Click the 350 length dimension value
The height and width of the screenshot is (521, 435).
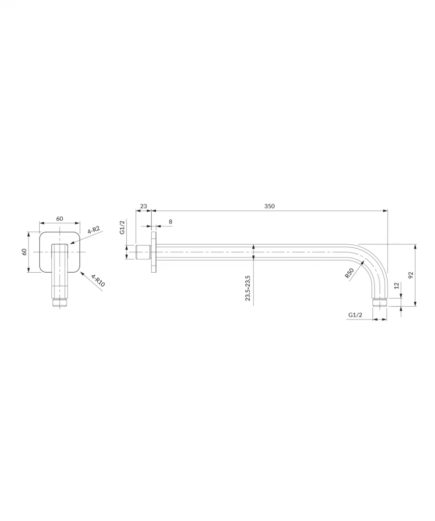click(269, 206)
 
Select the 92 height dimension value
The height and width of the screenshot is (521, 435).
click(411, 275)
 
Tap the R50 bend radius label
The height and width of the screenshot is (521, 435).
click(349, 273)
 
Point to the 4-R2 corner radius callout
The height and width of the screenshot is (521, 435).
click(93, 230)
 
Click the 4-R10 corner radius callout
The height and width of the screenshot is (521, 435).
click(98, 281)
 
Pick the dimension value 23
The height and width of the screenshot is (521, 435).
click(143, 206)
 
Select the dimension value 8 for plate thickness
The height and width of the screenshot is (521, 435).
click(170, 222)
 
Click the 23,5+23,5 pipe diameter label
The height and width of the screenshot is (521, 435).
click(248, 288)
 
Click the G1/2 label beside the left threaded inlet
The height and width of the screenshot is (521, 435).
click(122, 227)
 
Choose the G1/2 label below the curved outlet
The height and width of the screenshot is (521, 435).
click(355, 316)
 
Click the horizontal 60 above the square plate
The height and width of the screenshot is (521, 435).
click(60, 218)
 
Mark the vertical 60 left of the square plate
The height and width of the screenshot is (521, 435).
click(24, 252)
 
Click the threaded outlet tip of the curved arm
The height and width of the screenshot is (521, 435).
click(380, 303)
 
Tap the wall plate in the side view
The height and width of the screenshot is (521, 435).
click(153, 252)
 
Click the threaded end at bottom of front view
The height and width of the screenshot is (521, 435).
click(60, 303)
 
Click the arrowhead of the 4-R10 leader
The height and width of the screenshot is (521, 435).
click(81, 273)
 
